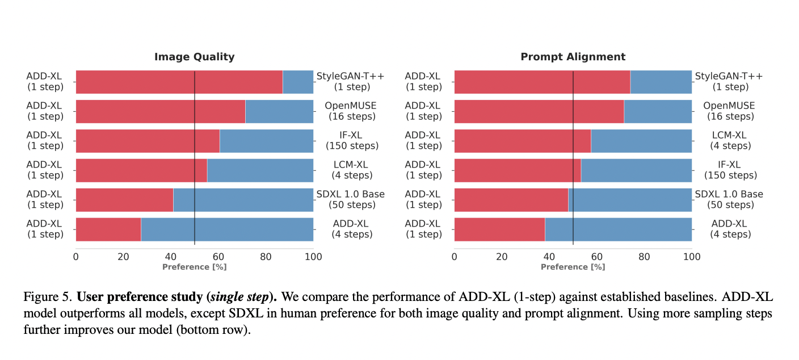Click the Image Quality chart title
(x=194, y=57)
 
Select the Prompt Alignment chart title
(x=573, y=57)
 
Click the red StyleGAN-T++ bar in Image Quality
(x=179, y=82)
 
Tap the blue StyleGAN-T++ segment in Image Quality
(x=298, y=82)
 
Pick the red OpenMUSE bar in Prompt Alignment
(x=539, y=111)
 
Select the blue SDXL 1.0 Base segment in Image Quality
(x=243, y=200)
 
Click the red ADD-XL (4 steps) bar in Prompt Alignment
(x=499, y=229)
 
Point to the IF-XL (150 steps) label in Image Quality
(x=352, y=141)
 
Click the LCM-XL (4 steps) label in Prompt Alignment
(x=730, y=141)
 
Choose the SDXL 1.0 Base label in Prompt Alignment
(x=729, y=194)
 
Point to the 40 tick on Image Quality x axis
(x=171, y=257)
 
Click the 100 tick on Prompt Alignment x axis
(x=692, y=257)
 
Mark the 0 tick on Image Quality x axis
(x=76, y=257)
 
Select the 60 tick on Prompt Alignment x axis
(x=597, y=257)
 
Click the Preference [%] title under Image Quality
(x=194, y=267)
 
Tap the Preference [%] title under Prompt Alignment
(x=573, y=267)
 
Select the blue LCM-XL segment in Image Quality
(x=260, y=170)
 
